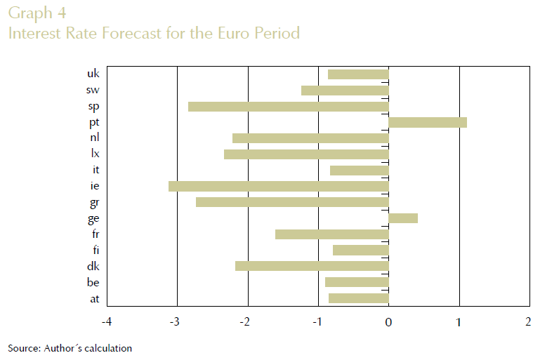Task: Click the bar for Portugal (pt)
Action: click(428, 122)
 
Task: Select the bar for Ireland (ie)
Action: click(278, 186)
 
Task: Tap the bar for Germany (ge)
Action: click(403, 218)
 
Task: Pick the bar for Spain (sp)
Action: click(288, 107)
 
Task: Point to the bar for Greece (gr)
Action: click(292, 202)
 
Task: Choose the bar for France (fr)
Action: click(331, 234)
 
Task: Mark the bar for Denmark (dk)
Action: click(312, 266)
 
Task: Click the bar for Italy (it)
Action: click(359, 171)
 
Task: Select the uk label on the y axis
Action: click(93, 74)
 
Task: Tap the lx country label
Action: click(95, 153)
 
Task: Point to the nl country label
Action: click(95, 137)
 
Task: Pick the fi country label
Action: click(96, 250)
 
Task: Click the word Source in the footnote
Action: click(22, 348)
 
